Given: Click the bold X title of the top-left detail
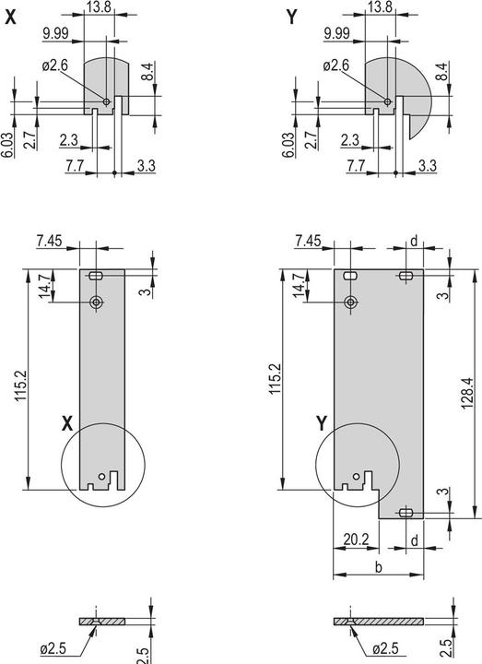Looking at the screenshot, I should click(x=10, y=16).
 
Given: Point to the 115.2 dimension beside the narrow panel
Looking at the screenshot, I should click(x=20, y=379).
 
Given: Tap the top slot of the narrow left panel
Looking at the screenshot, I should click(x=98, y=275).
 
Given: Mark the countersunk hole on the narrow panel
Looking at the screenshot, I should click(x=97, y=302).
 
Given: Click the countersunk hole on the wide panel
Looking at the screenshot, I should click(x=350, y=302).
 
